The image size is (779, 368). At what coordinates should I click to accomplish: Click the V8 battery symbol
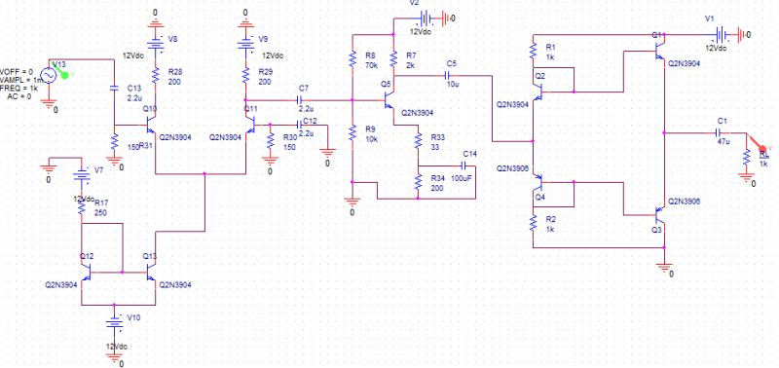(154, 42)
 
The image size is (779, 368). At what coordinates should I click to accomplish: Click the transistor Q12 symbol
(88, 271)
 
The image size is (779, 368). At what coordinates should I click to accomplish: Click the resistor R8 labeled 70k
(352, 61)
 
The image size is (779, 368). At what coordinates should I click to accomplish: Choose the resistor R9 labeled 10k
(352, 133)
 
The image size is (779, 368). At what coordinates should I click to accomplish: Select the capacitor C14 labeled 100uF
(462, 166)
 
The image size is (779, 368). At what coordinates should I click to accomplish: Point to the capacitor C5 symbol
(451, 75)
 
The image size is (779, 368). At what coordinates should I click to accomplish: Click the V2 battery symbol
(425, 18)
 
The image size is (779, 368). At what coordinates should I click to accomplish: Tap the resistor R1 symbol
(534, 52)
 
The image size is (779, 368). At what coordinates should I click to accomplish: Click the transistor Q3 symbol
(658, 214)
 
